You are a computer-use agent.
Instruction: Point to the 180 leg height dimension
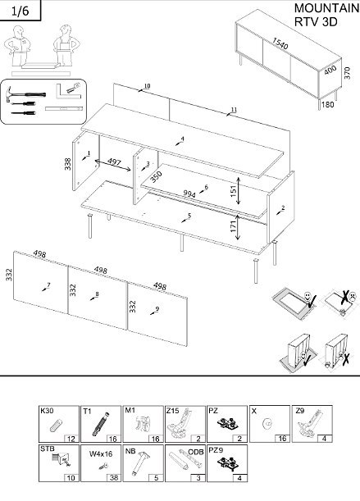click(328, 104)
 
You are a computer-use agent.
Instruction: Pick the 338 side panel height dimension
click(67, 165)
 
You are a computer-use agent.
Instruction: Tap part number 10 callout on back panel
click(147, 86)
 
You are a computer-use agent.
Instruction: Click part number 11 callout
click(234, 109)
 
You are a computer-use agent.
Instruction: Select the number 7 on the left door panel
click(48, 285)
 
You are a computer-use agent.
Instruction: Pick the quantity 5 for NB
click(157, 476)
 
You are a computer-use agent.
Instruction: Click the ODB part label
click(195, 450)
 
